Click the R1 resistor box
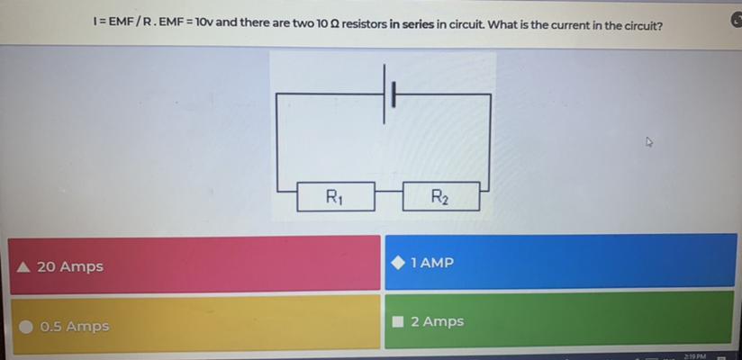(x=336, y=196)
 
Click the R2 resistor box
(x=441, y=196)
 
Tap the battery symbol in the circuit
(x=388, y=94)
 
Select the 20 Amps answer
(x=195, y=265)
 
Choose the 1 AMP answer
(x=560, y=261)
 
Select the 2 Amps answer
(x=559, y=319)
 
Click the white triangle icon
(x=23, y=267)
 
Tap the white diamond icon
(x=398, y=263)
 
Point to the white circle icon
(x=26, y=327)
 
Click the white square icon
(x=398, y=322)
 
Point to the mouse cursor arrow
(x=649, y=141)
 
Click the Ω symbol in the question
(x=333, y=23)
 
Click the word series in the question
(x=418, y=23)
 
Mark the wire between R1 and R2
(x=389, y=192)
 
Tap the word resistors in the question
(x=364, y=23)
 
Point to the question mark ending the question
(x=660, y=25)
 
